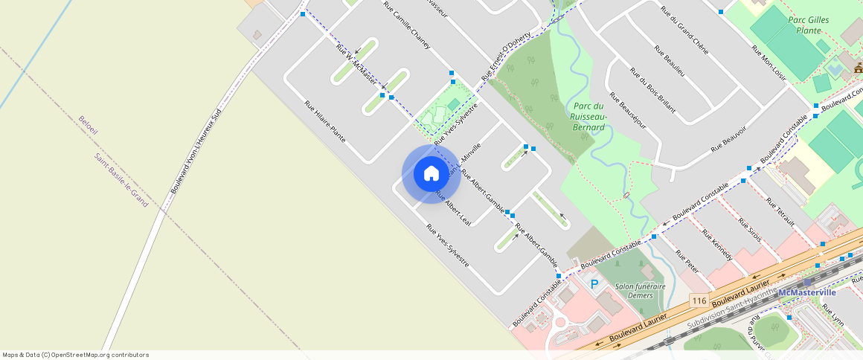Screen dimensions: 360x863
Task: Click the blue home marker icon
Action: click(x=431, y=174)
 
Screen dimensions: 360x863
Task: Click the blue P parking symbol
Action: click(x=594, y=283)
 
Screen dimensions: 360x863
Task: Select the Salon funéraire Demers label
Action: click(x=629, y=290)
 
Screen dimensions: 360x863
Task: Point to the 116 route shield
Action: click(x=698, y=300)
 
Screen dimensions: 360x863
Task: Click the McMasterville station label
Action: click(x=807, y=292)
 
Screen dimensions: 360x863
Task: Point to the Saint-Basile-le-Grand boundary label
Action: click(x=121, y=180)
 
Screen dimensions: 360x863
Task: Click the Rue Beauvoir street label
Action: click(x=728, y=137)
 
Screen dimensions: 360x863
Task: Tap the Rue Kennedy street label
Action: click(x=717, y=245)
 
